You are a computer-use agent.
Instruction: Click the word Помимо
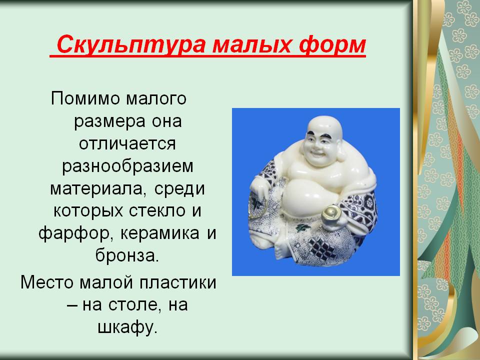coord(85,98)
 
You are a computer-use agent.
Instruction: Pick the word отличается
coord(127,143)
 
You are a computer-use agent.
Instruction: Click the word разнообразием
coord(127,166)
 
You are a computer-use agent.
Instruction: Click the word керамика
coord(160,233)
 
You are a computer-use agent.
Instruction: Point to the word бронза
coord(127,255)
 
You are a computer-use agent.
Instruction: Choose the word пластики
coord(178,282)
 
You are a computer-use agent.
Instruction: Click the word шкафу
coord(127,327)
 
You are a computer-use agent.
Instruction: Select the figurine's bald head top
coord(324,123)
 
